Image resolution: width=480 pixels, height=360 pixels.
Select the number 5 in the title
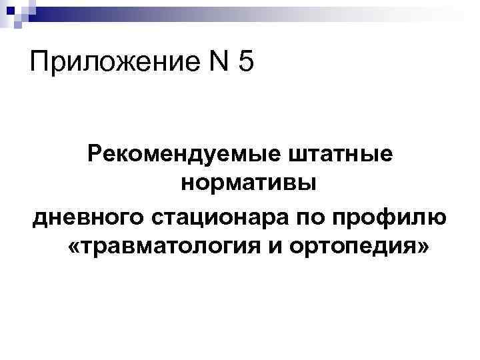pyautogui.click(x=244, y=65)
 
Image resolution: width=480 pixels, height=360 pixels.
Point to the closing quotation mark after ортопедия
pyautogui.click(x=425, y=248)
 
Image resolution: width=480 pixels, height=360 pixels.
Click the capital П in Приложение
pyautogui.click(x=39, y=65)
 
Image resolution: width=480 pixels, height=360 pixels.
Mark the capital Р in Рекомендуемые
pyautogui.click(x=95, y=154)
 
